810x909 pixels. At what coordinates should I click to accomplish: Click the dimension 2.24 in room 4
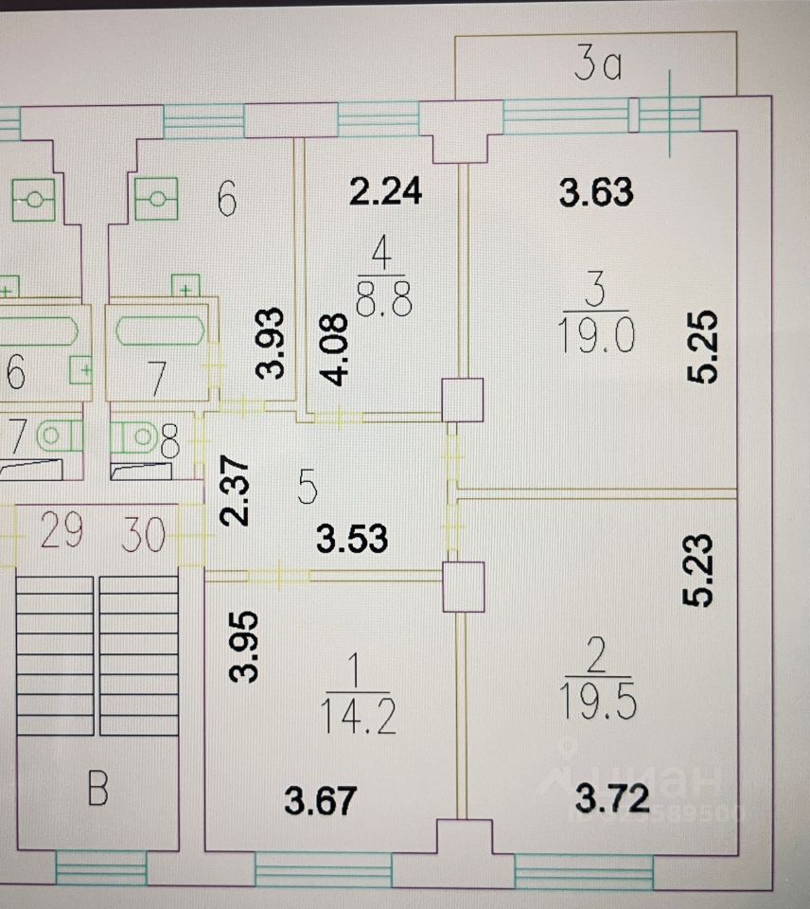[x=384, y=192]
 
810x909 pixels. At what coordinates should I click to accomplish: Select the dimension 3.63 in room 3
[x=595, y=192]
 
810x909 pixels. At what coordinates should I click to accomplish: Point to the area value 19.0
[x=595, y=336]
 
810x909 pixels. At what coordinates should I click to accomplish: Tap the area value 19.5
[x=597, y=702]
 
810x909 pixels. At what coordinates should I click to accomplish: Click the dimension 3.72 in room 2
[x=614, y=801]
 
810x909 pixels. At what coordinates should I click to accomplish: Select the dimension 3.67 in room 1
[x=319, y=802]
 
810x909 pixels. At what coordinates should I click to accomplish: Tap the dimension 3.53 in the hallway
[x=352, y=539]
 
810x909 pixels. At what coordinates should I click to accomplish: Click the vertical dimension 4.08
[x=338, y=349]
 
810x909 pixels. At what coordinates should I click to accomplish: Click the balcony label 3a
[x=597, y=66]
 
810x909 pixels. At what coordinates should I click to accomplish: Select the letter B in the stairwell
[x=97, y=790]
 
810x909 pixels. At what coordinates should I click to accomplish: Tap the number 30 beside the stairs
[x=143, y=537]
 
